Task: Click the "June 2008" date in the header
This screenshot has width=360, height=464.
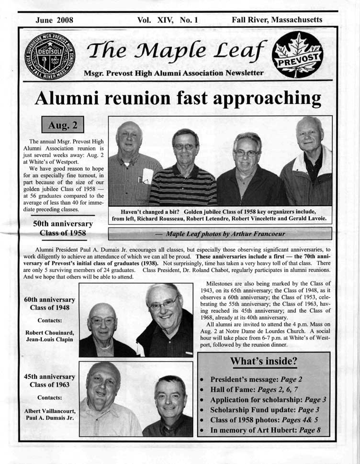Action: click(54, 20)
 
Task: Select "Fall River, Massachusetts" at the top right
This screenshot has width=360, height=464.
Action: click(277, 20)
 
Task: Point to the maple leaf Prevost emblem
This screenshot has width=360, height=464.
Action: click(297, 55)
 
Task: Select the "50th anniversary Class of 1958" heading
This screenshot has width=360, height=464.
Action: click(63, 229)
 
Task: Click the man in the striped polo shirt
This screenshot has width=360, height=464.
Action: click(185, 172)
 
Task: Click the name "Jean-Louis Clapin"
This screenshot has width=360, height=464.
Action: click(50, 339)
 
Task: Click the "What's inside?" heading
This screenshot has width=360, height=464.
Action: click(264, 362)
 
